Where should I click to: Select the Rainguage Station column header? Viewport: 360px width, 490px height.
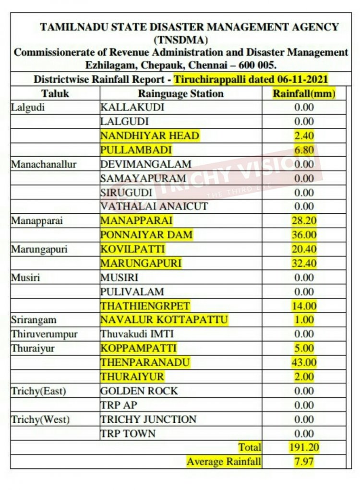pyautogui.click(x=180, y=93)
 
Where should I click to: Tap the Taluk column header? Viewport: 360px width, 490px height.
pyautogui.click(x=55, y=93)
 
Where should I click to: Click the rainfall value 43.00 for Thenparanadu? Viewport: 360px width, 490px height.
pyautogui.click(x=303, y=362)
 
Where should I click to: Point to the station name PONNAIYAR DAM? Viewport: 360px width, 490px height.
pyautogui.click(x=146, y=235)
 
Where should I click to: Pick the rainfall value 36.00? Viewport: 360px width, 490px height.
pyautogui.click(x=303, y=235)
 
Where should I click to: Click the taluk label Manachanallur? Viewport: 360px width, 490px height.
pyautogui.click(x=44, y=164)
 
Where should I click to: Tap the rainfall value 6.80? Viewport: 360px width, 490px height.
pyautogui.click(x=303, y=150)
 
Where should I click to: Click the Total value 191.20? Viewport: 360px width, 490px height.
pyautogui.click(x=303, y=448)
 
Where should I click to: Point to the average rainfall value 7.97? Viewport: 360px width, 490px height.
pyautogui.click(x=303, y=462)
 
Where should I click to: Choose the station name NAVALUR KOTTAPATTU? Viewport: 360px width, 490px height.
pyautogui.click(x=164, y=320)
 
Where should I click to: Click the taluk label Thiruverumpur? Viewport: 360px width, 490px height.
pyautogui.click(x=44, y=334)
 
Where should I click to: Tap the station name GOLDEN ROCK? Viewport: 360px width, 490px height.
pyautogui.click(x=139, y=391)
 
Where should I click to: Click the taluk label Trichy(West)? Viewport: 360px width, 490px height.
pyautogui.click(x=40, y=419)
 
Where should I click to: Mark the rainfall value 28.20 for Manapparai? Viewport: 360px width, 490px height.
pyautogui.click(x=303, y=220)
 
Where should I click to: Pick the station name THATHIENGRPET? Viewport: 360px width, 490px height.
pyautogui.click(x=145, y=306)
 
